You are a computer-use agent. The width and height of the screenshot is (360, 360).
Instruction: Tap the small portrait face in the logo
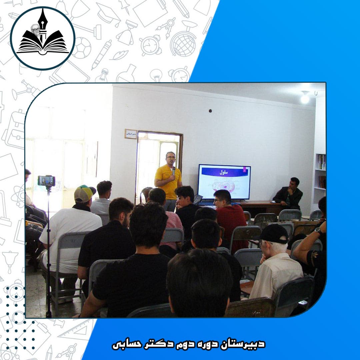tap(35, 30)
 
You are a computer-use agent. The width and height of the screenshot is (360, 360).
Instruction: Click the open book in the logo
tap(43, 45)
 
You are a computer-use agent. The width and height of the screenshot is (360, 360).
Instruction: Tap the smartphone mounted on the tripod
tap(46, 181)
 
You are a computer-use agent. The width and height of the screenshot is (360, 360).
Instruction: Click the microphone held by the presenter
tap(174, 171)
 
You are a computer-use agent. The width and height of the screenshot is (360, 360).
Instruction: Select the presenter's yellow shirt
tap(169, 182)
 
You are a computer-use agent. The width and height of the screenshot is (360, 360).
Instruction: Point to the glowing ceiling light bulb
tap(305, 98)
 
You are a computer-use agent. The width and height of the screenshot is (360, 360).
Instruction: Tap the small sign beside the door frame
tap(131, 134)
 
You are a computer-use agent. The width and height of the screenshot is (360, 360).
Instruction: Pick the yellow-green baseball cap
tap(84, 193)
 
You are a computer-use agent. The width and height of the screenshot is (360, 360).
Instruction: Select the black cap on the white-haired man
tap(275, 233)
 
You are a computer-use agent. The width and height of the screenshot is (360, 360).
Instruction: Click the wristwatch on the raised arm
tap(318, 231)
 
